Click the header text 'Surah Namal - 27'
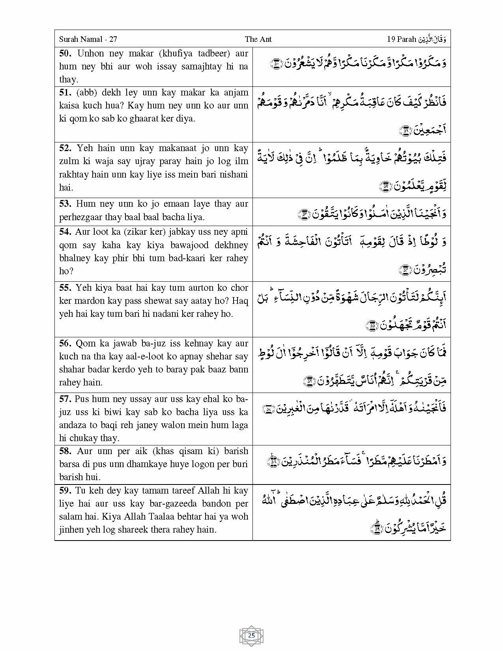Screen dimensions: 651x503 [88, 39]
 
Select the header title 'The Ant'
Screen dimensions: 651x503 [258, 39]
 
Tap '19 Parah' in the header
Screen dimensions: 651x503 [401, 39]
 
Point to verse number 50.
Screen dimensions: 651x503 [65, 54]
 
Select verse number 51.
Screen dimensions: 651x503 [65, 93]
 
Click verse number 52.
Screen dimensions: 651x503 [65, 148]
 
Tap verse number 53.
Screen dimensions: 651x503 [65, 204]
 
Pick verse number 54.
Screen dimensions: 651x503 [65, 232]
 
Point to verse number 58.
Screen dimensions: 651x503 [65, 451]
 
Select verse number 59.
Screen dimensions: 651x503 [65, 491]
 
